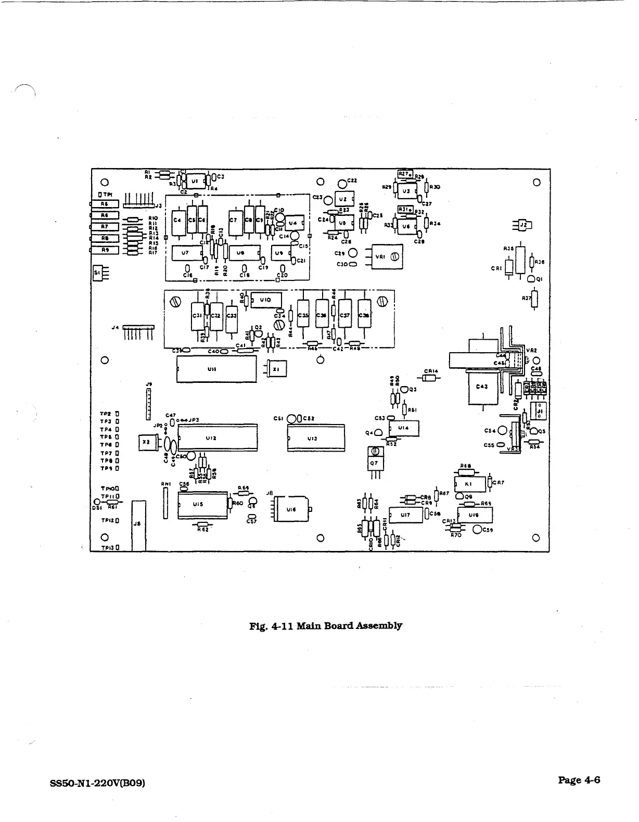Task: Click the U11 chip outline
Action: (216, 369)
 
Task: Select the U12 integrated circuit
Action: (218, 438)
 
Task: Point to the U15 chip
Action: (202, 504)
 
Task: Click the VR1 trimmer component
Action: (384, 256)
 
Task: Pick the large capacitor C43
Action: (482, 387)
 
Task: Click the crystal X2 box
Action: (146, 442)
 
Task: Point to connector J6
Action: (138, 525)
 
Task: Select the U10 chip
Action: (265, 300)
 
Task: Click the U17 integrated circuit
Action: (406, 515)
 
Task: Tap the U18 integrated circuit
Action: (475, 515)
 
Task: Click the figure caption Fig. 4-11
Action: (326, 625)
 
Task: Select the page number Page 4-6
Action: (579, 779)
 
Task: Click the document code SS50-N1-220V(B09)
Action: (97, 782)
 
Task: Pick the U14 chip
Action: (404, 428)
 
